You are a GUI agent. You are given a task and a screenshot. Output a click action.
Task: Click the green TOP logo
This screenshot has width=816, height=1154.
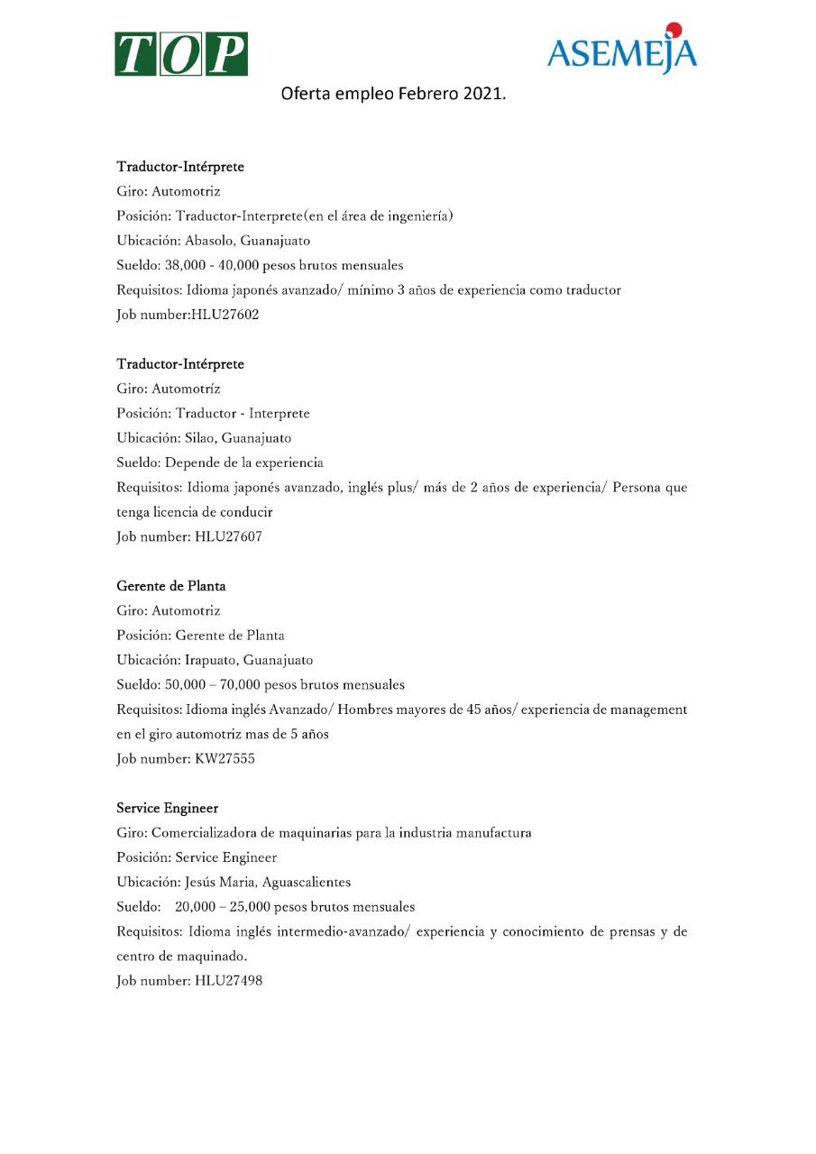coord(180,54)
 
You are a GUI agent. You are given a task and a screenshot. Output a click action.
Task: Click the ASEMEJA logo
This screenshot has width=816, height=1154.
coord(621,53)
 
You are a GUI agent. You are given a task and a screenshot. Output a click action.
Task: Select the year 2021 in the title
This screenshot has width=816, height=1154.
coord(482,93)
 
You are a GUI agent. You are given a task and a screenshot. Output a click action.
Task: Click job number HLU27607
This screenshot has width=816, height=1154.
coord(228,536)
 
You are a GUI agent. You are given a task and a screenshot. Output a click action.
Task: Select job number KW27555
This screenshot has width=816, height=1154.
coord(225,758)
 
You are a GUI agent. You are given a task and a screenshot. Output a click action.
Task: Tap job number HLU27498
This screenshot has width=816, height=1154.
coord(228,980)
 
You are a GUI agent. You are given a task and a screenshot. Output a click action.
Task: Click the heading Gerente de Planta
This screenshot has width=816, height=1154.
coord(171,586)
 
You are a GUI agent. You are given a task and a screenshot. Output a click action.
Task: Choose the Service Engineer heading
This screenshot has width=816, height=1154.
coord(167,808)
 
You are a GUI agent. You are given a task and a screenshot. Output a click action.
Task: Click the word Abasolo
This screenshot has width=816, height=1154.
coord(209,241)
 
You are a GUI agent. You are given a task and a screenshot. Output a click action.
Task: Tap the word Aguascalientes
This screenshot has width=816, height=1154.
coord(307,882)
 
